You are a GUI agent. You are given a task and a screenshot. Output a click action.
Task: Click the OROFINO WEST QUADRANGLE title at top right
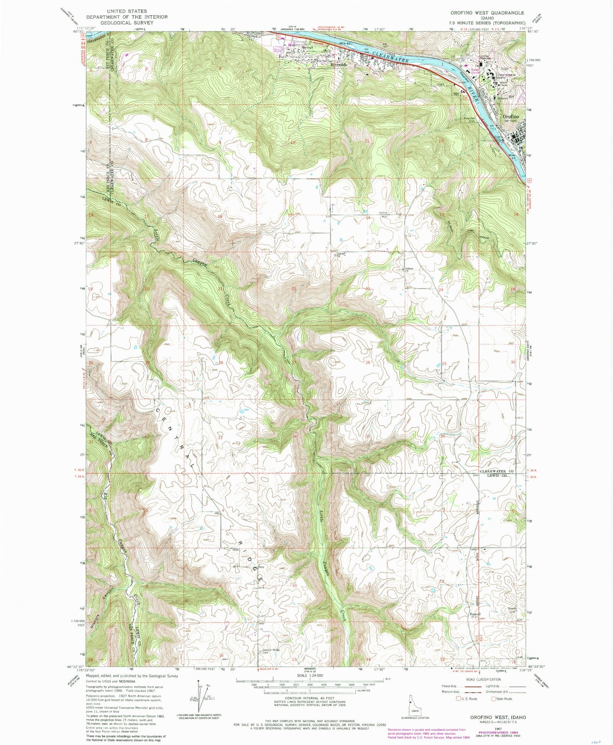pyautogui.click(x=485, y=13)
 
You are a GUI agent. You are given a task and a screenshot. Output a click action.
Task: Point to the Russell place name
pyautogui.click(x=475, y=614)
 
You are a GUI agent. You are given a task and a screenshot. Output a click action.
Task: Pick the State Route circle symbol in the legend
pyautogui.click(x=494, y=699)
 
